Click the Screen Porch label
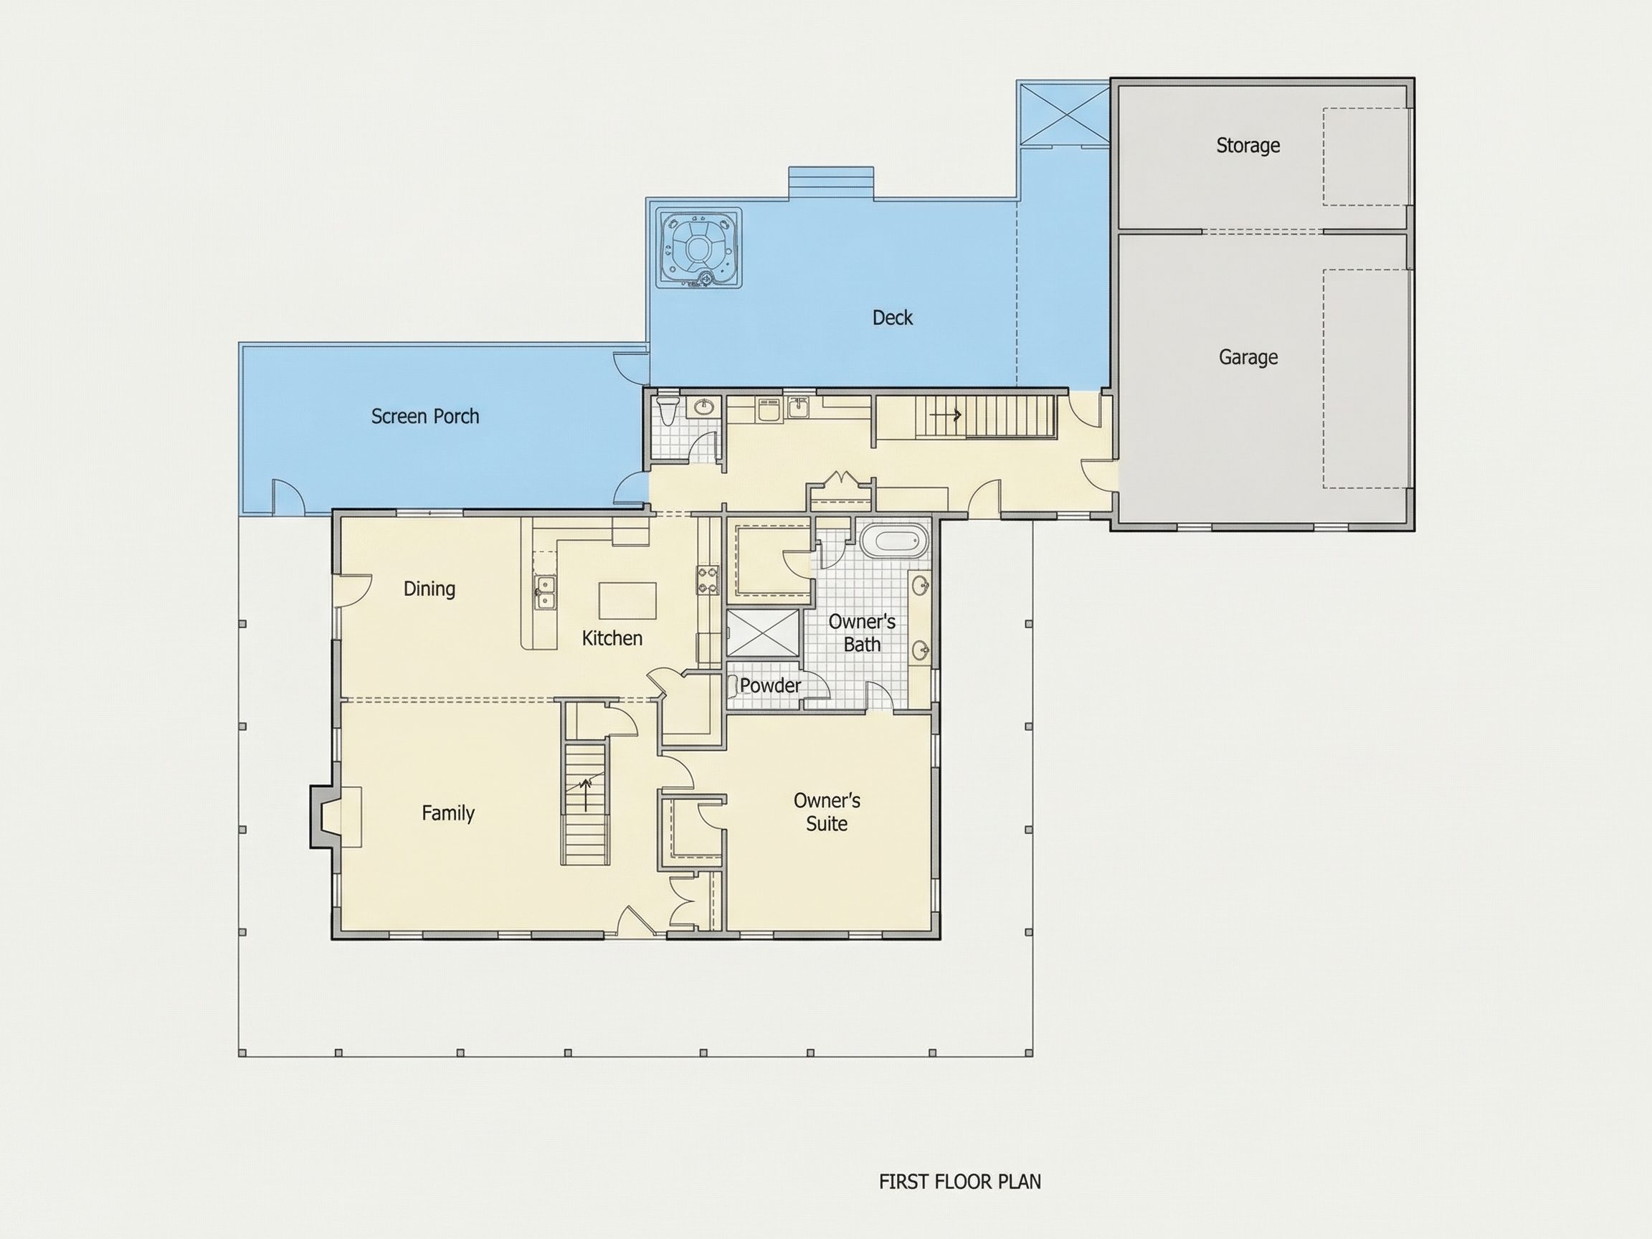point(425,416)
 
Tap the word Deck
point(893,318)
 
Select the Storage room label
point(1248,145)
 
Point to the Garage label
point(1248,357)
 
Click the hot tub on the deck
point(699,247)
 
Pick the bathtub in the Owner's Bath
point(894,540)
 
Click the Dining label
point(429,589)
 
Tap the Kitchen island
point(627,600)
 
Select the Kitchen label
point(612,638)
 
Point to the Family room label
point(448,812)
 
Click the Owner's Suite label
point(827,812)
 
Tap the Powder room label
point(770,685)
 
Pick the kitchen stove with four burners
point(708,579)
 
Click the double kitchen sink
point(545,592)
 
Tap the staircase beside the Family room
point(586,804)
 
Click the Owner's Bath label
point(862,632)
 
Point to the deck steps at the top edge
point(831,183)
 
